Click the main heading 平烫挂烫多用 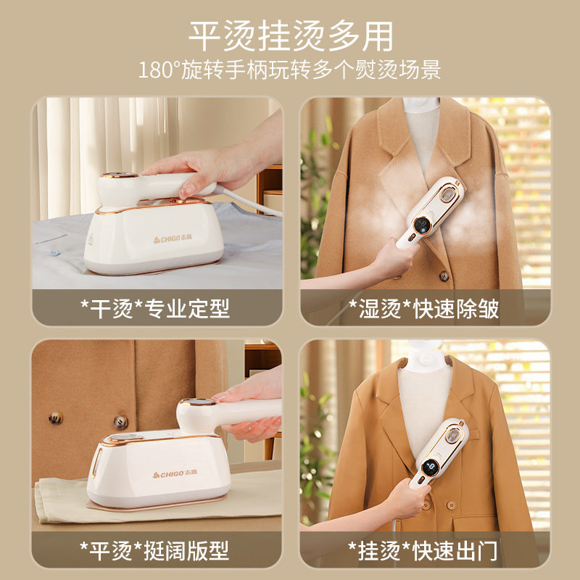[291, 36]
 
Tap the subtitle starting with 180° [289, 70]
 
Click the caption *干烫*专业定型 [155, 309]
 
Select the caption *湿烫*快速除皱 [424, 309]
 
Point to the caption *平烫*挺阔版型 [154, 551]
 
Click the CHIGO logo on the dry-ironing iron [173, 239]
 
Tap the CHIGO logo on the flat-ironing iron [175, 473]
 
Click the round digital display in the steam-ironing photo [421, 225]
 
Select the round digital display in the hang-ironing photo [430, 468]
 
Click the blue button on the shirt [54, 253]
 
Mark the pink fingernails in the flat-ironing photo [217, 398]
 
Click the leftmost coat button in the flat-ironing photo [56, 418]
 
